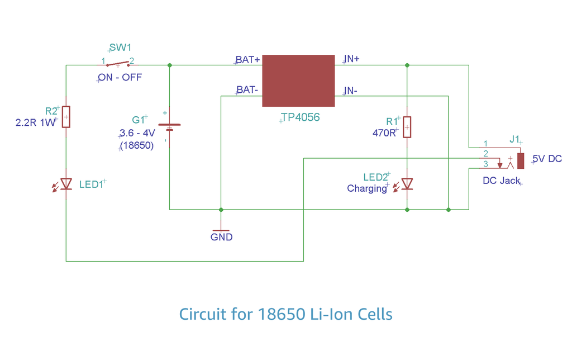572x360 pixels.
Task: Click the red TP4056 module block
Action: coord(298,80)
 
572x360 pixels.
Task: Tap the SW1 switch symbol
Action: coord(117,63)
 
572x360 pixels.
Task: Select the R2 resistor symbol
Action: coord(66,117)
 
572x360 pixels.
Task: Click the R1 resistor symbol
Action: coord(407,127)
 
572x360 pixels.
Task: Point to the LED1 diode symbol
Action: coord(66,183)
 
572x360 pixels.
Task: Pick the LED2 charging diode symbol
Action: coord(407,184)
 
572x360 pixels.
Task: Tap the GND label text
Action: coord(221,237)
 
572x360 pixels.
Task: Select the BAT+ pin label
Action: coord(247,60)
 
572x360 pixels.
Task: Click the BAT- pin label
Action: coord(247,89)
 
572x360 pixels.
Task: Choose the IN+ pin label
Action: coord(351,59)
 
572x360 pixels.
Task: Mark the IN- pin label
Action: coord(351,91)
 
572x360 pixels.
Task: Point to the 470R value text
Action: coord(384,133)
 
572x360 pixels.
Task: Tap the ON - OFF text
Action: coord(120,78)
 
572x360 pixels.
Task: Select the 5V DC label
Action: coord(547,159)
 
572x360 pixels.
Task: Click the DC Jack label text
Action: coord(501,181)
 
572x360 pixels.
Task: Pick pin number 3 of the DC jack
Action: coord(485,164)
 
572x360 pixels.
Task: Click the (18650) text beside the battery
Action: coord(137,145)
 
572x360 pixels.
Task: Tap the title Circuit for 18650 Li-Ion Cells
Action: coord(285,314)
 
